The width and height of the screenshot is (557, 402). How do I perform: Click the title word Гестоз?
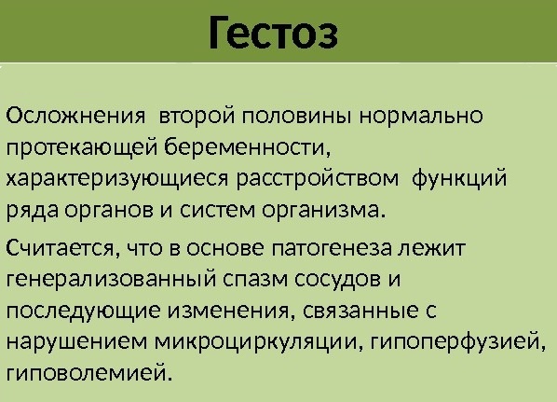(x=273, y=33)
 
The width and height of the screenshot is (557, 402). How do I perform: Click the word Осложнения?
(x=75, y=116)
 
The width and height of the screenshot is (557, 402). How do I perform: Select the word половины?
(x=296, y=116)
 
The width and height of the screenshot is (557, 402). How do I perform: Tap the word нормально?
(x=421, y=116)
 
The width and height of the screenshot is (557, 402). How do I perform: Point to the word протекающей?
(x=81, y=147)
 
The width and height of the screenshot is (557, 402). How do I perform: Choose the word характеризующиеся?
(x=116, y=179)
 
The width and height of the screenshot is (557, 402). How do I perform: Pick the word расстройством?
(x=318, y=179)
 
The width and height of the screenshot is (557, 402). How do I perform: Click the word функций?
(x=459, y=178)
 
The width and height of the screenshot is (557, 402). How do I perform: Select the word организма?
(x=323, y=211)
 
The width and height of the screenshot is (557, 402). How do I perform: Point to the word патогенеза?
(x=332, y=248)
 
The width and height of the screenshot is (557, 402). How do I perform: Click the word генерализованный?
(x=111, y=279)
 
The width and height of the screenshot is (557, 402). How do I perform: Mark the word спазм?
(x=255, y=279)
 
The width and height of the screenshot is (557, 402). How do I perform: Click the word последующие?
(x=83, y=312)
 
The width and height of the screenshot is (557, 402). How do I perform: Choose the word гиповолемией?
(x=88, y=373)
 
